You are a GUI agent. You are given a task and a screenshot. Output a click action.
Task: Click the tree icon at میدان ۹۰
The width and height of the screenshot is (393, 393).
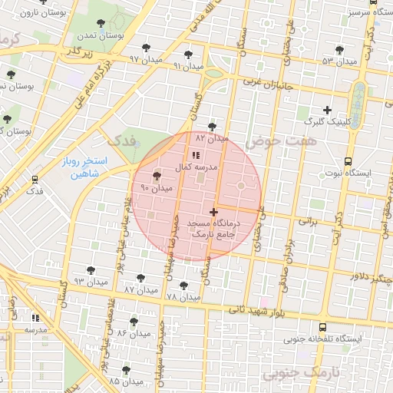coord(157,177)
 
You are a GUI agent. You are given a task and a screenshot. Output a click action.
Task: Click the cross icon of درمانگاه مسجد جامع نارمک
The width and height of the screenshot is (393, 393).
coord(213,211)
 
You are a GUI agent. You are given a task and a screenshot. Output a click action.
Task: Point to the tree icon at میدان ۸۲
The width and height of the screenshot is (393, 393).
coord(212,127)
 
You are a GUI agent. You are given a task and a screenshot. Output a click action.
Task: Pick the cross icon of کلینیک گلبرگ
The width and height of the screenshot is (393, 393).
coord(328,110)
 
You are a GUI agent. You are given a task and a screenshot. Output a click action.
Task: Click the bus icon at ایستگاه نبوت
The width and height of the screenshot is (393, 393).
coord(348,162)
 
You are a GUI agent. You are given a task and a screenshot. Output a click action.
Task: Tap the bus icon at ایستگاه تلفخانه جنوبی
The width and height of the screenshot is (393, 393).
coord(322,326)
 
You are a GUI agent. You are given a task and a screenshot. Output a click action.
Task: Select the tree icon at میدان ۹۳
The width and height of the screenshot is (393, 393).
coord(91,270)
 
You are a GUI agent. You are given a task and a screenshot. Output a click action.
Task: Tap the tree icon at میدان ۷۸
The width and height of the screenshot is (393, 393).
coord(182,285)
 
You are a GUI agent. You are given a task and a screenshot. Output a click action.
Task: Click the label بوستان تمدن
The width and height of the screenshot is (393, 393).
coord(106,36)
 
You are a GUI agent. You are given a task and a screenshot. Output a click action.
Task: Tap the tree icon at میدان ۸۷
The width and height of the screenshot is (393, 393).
coord(140,278)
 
